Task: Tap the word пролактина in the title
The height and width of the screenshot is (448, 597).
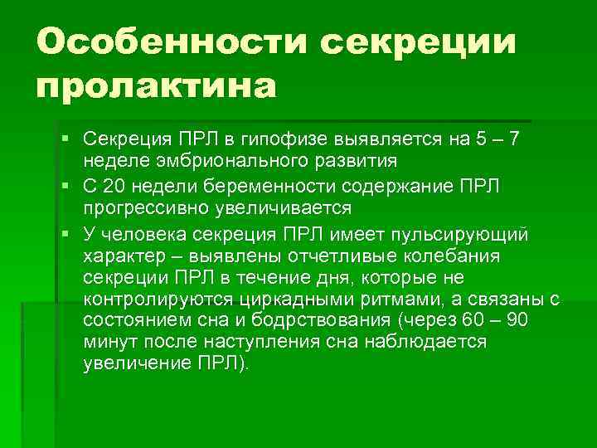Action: [156, 86]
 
